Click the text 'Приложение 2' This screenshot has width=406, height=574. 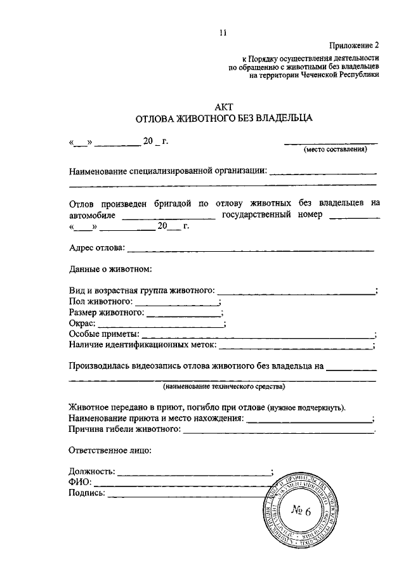coord(353,46)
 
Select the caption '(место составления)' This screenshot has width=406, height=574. coord(334,150)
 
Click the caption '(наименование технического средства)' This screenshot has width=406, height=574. coord(223,386)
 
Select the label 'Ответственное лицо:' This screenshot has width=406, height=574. coord(109,450)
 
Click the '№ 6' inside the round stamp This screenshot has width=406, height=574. coord(301,511)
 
